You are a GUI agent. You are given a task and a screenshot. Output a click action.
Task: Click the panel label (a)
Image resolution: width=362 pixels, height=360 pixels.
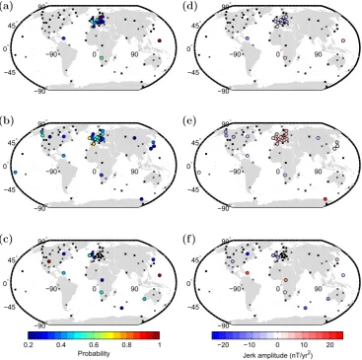(x=6, y=6)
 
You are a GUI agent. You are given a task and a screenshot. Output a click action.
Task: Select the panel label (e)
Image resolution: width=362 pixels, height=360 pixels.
(x=188, y=121)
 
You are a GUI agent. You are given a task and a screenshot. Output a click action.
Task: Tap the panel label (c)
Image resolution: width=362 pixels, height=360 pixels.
(x=6, y=239)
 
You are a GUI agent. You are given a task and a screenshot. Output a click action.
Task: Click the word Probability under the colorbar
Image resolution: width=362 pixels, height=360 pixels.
(x=94, y=354)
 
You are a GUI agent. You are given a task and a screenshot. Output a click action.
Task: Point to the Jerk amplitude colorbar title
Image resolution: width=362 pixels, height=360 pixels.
(x=277, y=355)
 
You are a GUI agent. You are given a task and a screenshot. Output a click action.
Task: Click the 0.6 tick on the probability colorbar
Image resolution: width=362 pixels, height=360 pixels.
(x=94, y=345)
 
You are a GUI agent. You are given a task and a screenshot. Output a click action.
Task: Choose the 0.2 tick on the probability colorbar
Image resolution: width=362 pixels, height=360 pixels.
(x=29, y=345)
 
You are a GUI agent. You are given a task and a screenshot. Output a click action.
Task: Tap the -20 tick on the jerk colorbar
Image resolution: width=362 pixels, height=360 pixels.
(x=224, y=345)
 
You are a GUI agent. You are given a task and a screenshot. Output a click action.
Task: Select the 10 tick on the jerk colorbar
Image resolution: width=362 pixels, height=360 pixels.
(x=305, y=345)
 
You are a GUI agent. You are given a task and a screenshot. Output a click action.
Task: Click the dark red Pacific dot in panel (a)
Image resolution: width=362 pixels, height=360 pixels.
(x=160, y=40)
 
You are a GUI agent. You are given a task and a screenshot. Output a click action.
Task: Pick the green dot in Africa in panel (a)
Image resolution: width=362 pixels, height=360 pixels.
(x=102, y=58)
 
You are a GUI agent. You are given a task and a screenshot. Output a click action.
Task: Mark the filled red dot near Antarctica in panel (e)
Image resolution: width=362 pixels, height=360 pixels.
(x=325, y=199)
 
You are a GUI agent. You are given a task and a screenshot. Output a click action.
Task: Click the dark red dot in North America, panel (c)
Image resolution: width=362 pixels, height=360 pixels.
(x=49, y=261)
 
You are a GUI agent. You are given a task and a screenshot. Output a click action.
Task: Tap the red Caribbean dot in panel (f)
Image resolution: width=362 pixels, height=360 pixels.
(x=247, y=273)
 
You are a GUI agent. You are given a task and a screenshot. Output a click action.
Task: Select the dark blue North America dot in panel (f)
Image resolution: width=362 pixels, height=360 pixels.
(x=248, y=253)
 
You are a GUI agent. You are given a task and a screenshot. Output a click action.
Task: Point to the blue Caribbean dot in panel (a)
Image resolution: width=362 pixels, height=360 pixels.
(x=64, y=38)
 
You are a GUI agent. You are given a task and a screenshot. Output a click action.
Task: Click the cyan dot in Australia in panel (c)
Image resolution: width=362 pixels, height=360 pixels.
(x=144, y=299)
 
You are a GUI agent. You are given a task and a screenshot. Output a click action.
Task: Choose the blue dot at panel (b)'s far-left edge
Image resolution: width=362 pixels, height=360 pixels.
(x=16, y=173)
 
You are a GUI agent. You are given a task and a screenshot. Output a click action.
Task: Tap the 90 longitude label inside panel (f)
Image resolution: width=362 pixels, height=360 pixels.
(x=318, y=289)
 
